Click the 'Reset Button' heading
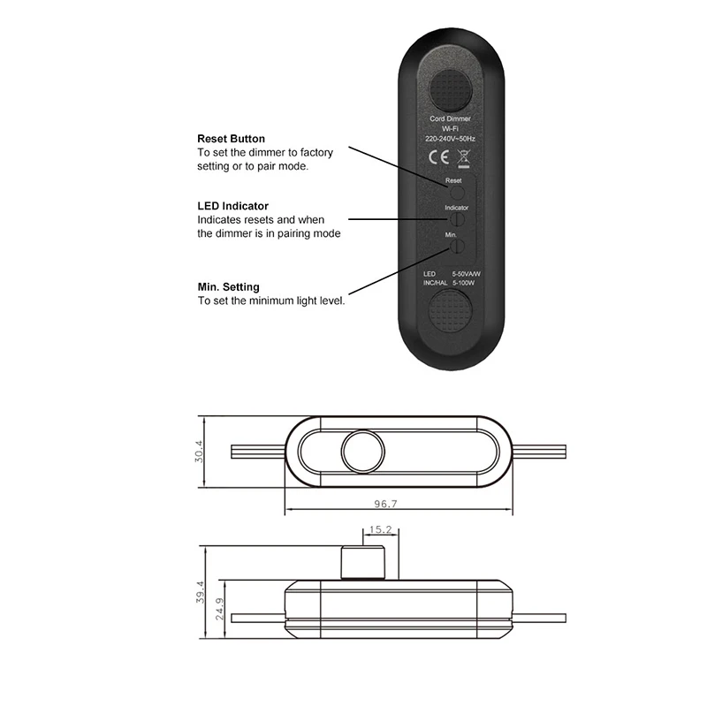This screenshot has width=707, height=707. coord(231,139)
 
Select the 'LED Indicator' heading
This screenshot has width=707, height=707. coord(232,206)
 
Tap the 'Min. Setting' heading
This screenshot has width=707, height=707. coord(228,286)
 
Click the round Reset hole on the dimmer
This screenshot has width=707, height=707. coord(455,190)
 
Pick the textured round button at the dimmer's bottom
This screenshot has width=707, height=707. coord(452,313)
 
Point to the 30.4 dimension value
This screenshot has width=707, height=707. coord(200,451)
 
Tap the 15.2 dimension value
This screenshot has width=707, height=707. coord(380,530)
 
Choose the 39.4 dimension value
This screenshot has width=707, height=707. coord(200,589)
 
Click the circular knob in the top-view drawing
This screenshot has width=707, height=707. coord(362,451)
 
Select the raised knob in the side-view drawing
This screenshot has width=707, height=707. coord(361,564)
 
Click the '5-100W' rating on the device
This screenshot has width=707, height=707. coord(466,283)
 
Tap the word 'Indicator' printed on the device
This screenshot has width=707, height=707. coord(456,208)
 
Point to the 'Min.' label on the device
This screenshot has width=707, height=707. coord(451,234)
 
